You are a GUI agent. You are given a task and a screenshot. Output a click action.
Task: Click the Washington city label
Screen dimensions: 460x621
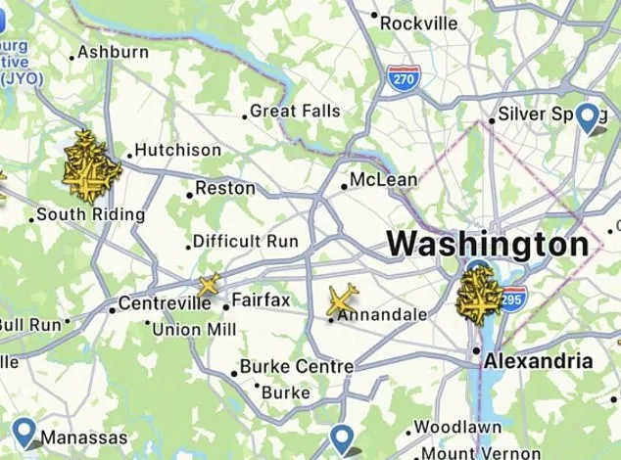coord(487,244)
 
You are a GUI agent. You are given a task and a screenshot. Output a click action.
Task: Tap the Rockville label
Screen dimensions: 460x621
coord(418,22)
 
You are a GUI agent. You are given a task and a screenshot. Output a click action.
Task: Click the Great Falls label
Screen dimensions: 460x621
coord(295,112)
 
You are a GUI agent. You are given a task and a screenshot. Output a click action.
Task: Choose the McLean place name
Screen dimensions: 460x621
coord(384,180)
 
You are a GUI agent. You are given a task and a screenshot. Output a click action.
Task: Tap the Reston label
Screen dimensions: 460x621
coord(225,188)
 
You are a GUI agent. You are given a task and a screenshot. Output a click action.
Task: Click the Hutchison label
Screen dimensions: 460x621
coord(177,150)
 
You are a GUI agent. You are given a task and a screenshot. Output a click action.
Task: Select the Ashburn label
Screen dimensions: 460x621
coord(113,52)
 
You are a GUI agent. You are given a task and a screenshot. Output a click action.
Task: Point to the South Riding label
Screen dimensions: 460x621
coord(90,214)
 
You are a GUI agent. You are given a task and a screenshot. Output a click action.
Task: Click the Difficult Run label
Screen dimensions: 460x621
coord(239,241)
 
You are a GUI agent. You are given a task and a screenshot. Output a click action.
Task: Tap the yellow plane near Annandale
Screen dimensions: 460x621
coord(342,299)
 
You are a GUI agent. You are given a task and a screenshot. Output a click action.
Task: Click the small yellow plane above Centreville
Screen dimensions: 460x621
coord(208,286)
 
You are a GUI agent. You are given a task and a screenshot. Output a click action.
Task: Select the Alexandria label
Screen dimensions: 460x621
coord(538,360)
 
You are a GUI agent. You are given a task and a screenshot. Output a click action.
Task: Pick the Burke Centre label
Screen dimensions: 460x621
coord(296,367)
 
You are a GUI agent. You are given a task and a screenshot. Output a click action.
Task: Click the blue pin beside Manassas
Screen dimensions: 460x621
coord(24,432)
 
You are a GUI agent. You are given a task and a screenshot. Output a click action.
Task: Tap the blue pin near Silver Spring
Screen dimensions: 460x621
coord(588,117)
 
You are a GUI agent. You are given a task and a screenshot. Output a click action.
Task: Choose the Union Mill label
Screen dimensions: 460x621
coord(194,330)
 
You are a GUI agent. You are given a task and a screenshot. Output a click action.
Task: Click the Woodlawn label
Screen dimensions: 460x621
coord(457,427)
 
